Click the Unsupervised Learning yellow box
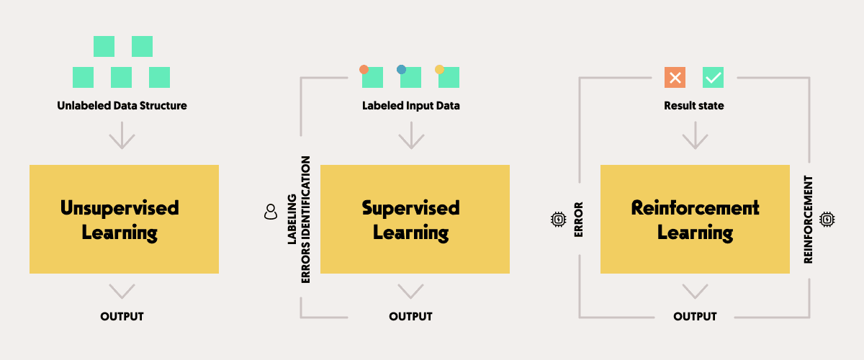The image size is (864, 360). click(x=124, y=219)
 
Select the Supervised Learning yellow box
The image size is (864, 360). click(x=415, y=219)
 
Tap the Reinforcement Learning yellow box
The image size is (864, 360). click(x=695, y=219)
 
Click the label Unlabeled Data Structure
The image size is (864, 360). click(x=122, y=106)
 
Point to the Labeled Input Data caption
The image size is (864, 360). click(x=410, y=106)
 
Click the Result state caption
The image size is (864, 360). click(x=694, y=106)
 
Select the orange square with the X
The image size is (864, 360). click(x=675, y=78)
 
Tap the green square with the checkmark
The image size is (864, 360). click(x=713, y=78)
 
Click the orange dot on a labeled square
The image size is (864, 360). click(x=364, y=70)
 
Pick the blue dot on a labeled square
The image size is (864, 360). click(x=402, y=70)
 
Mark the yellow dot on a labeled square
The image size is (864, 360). click(x=439, y=70)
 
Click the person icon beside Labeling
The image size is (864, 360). click(x=271, y=212)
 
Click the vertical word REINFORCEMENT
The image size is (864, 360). click(x=809, y=219)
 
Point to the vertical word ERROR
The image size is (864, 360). click(x=578, y=219)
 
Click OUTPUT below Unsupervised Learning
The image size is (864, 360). click(x=122, y=316)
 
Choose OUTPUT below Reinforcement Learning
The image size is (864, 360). click(x=695, y=316)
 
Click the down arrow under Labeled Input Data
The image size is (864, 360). click(x=410, y=136)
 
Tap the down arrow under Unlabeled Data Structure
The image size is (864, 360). click(x=122, y=136)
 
